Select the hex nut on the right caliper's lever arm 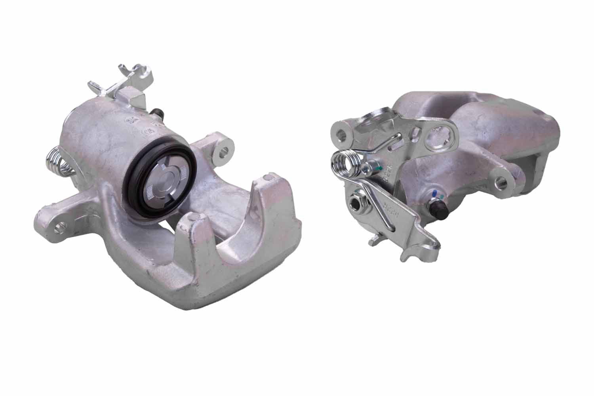click(358, 204)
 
